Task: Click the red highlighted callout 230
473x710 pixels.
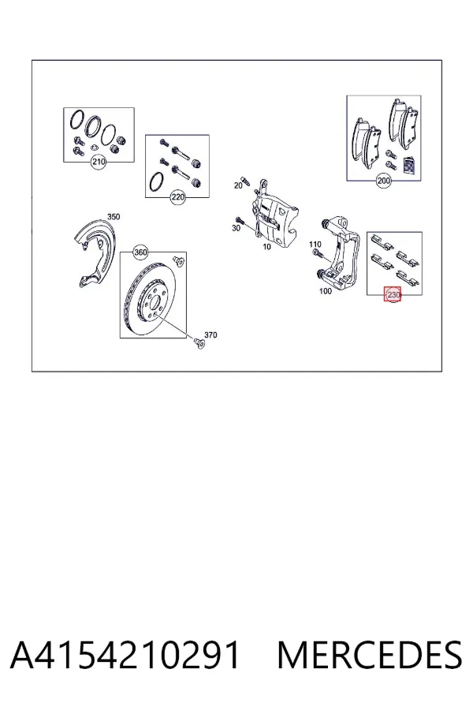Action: coord(393,294)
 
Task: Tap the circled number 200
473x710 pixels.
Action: coord(383,181)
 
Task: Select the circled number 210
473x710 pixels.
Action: coord(99,161)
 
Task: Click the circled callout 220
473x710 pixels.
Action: coord(178,197)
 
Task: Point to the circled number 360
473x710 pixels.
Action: coord(141,252)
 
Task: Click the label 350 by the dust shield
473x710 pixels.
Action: coord(114,216)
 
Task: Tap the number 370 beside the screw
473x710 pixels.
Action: coord(210,334)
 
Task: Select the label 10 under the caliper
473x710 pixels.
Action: coord(266,246)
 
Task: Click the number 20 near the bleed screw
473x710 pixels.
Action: coord(238,185)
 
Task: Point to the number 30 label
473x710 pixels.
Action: coord(236,228)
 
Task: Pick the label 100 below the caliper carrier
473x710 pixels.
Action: coord(326,290)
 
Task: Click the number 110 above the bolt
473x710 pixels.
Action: coord(315,245)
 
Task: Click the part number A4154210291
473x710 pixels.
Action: coord(125,655)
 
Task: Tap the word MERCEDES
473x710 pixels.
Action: coord(370,655)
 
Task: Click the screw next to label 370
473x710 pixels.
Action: coord(199,342)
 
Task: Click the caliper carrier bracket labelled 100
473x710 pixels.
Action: coord(337,253)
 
